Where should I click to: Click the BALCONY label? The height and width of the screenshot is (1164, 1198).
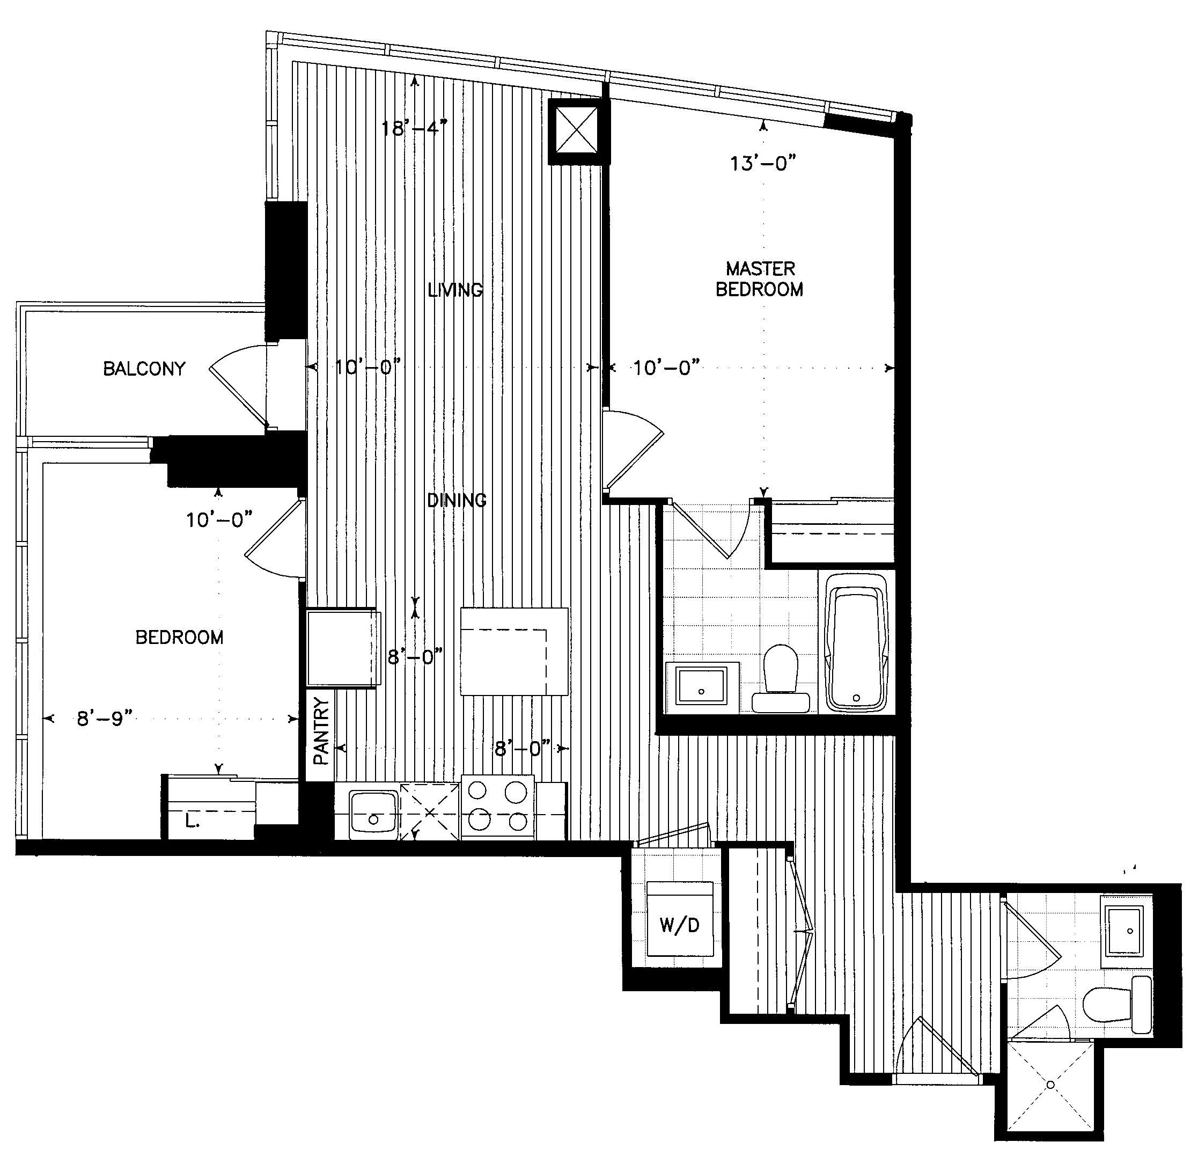(144, 369)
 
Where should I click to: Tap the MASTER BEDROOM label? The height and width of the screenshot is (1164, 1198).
(760, 279)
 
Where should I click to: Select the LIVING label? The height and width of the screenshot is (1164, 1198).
(455, 289)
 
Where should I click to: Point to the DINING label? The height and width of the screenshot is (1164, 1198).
(457, 500)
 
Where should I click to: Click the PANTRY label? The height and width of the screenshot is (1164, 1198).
(321, 731)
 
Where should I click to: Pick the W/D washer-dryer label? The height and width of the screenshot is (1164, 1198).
(680, 925)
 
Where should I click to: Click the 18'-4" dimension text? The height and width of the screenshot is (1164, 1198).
(414, 128)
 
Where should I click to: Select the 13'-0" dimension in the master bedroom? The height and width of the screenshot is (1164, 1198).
(763, 163)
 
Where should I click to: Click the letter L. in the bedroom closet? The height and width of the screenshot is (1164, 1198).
(192, 822)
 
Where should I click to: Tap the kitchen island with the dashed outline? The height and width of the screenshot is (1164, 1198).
(514, 651)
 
